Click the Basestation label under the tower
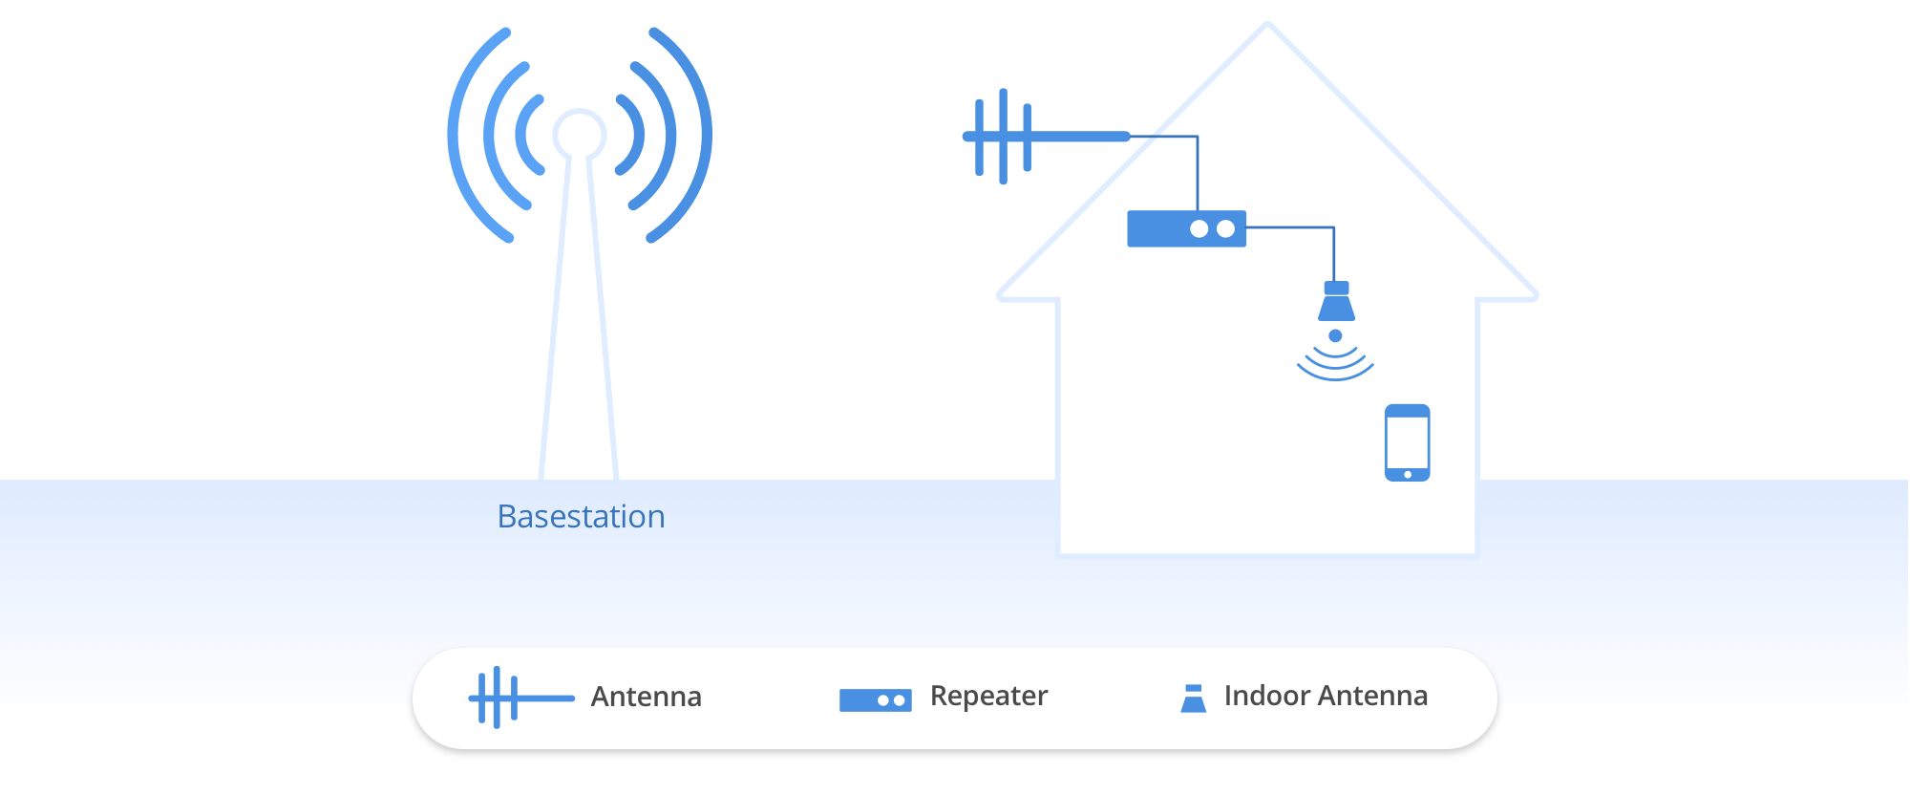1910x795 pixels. (x=581, y=517)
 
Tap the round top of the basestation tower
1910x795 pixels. (x=579, y=133)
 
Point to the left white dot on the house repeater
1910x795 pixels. (x=1199, y=229)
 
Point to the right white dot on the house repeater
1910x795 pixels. (x=1225, y=229)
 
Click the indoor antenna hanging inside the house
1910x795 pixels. (x=1336, y=302)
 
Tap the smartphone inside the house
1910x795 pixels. (x=1407, y=441)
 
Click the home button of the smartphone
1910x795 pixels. (x=1408, y=474)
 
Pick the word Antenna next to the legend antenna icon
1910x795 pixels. (x=646, y=697)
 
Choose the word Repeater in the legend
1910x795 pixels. (x=988, y=696)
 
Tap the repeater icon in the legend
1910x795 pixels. (x=875, y=700)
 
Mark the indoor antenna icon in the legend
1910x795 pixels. (x=1193, y=698)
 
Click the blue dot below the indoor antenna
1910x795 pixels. (x=1335, y=335)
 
